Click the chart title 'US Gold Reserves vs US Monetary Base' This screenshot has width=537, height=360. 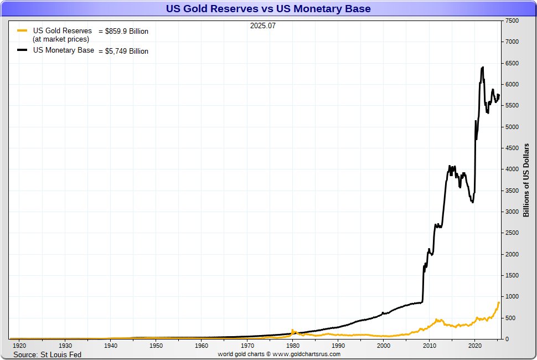point(268,9)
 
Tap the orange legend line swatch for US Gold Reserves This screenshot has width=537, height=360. point(22,31)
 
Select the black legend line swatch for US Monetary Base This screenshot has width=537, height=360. point(22,50)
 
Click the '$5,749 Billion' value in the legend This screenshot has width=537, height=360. point(127,51)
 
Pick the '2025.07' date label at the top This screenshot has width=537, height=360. point(262,25)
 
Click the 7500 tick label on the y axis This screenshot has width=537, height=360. point(511,21)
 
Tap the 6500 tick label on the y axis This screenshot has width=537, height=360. point(511,64)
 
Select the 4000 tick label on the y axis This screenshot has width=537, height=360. point(511,169)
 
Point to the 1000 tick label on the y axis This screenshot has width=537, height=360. point(511,297)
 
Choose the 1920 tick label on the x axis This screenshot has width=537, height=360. point(19,346)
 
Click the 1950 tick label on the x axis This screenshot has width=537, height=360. point(156,346)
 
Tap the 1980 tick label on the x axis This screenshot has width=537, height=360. point(292,346)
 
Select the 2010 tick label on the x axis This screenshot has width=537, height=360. point(429,346)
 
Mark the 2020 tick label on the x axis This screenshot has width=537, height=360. point(474,346)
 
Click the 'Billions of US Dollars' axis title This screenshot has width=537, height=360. point(526,180)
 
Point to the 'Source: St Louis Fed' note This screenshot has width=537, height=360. point(47,354)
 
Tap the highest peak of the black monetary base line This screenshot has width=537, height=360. point(483,67)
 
